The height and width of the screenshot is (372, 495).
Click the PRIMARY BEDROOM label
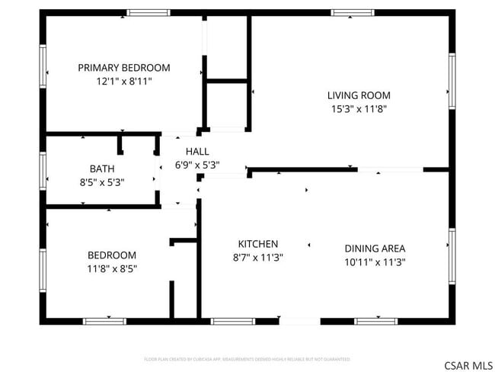tap(124, 68)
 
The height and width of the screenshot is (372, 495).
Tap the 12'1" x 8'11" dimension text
tap(124, 81)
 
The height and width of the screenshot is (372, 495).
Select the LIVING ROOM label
tap(359, 95)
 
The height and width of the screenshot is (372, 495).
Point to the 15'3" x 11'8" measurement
tap(359, 108)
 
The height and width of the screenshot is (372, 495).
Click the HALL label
tap(197, 152)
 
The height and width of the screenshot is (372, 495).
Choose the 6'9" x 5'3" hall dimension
tap(197, 165)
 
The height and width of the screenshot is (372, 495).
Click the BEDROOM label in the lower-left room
tap(112, 255)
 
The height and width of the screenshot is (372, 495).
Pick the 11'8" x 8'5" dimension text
tap(112, 268)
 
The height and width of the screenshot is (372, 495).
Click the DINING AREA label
tap(375, 249)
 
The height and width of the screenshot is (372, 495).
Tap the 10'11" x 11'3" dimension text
tap(375, 261)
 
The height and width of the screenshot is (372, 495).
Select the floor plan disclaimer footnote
tap(247, 358)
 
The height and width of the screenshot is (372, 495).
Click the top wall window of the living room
tap(353, 13)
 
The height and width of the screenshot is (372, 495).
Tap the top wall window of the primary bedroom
tap(148, 13)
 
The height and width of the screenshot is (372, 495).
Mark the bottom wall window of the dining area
tap(376, 321)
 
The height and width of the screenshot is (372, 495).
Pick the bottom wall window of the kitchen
tap(232, 321)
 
